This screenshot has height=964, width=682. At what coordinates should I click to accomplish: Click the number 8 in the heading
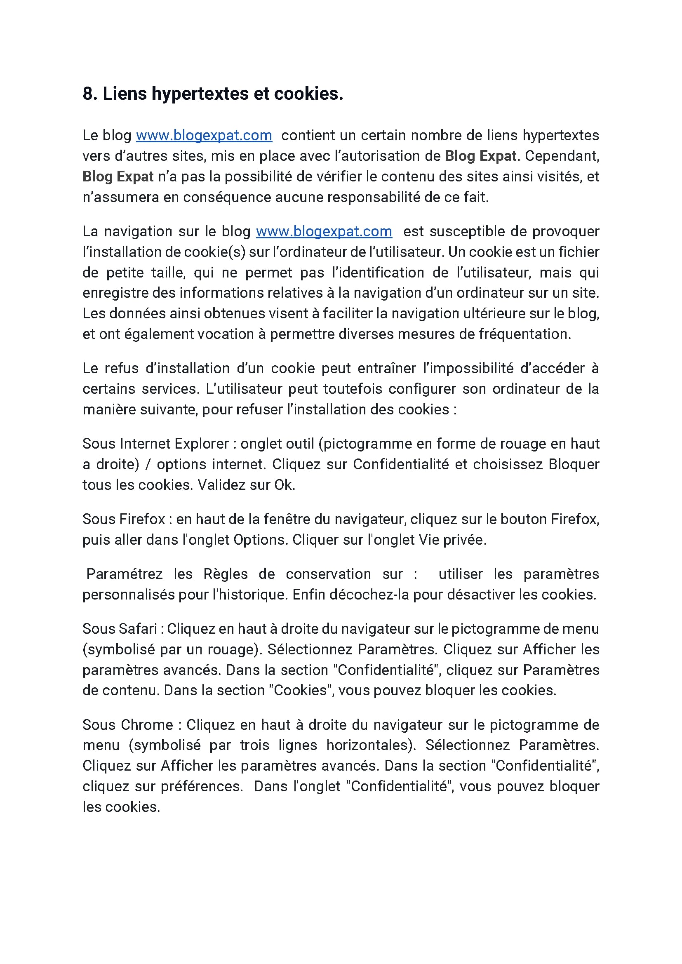coord(87,94)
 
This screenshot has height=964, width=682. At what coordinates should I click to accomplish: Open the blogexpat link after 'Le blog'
coord(204,135)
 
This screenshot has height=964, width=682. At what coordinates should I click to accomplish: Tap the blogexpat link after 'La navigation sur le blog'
coord(324,231)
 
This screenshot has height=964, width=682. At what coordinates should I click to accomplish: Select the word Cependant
coord(562,156)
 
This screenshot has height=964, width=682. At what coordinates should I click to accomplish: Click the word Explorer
coord(202,444)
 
